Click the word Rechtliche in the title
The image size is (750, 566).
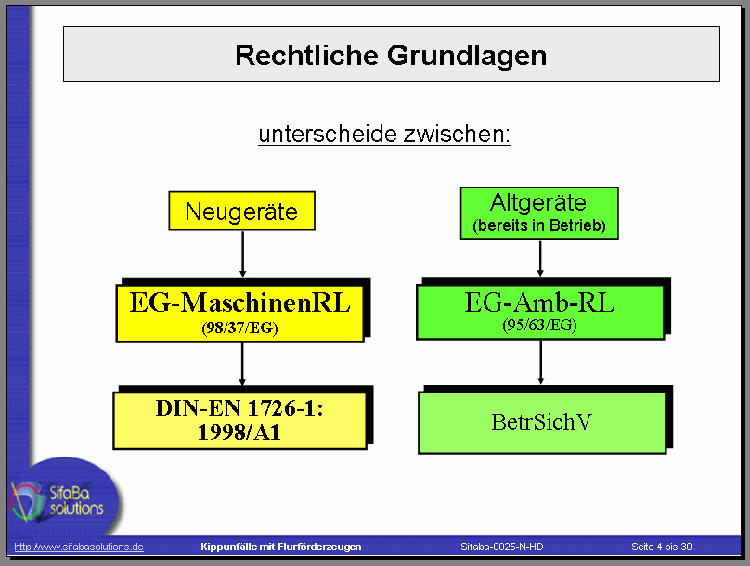pyautogui.click(x=306, y=55)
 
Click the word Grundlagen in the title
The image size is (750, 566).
pyautogui.click(x=467, y=57)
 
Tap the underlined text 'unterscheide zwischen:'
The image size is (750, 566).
pyautogui.click(x=384, y=134)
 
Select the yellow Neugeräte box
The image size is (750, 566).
pyautogui.click(x=241, y=211)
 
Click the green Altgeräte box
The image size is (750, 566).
pyautogui.click(x=539, y=213)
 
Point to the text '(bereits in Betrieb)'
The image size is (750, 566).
pyautogui.click(x=539, y=225)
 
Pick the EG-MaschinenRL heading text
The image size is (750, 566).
pyautogui.click(x=240, y=302)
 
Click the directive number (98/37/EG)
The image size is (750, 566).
pyautogui.click(x=239, y=328)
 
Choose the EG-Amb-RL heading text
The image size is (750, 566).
pyautogui.click(x=539, y=302)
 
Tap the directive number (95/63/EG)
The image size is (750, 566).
pyautogui.click(x=539, y=325)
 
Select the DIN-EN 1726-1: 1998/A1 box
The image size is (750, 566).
pyautogui.click(x=240, y=420)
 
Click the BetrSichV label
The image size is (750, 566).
pyautogui.click(x=541, y=422)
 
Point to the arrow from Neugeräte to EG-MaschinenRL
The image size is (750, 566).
pyautogui.click(x=242, y=254)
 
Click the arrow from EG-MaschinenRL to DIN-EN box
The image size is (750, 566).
pyautogui.click(x=242, y=365)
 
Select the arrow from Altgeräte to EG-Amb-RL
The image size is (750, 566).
pyautogui.click(x=540, y=258)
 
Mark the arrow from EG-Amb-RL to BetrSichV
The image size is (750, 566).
pyautogui.click(x=540, y=363)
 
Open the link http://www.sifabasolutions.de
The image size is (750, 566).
pyautogui.click(x=79, y=547)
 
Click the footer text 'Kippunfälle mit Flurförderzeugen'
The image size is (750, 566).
pyautogui.click(x=280, y=547)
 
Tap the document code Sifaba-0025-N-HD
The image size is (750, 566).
pyautogui.click(x=502, y=547)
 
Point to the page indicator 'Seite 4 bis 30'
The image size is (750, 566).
pyautogui.click(x=662, y=547)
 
